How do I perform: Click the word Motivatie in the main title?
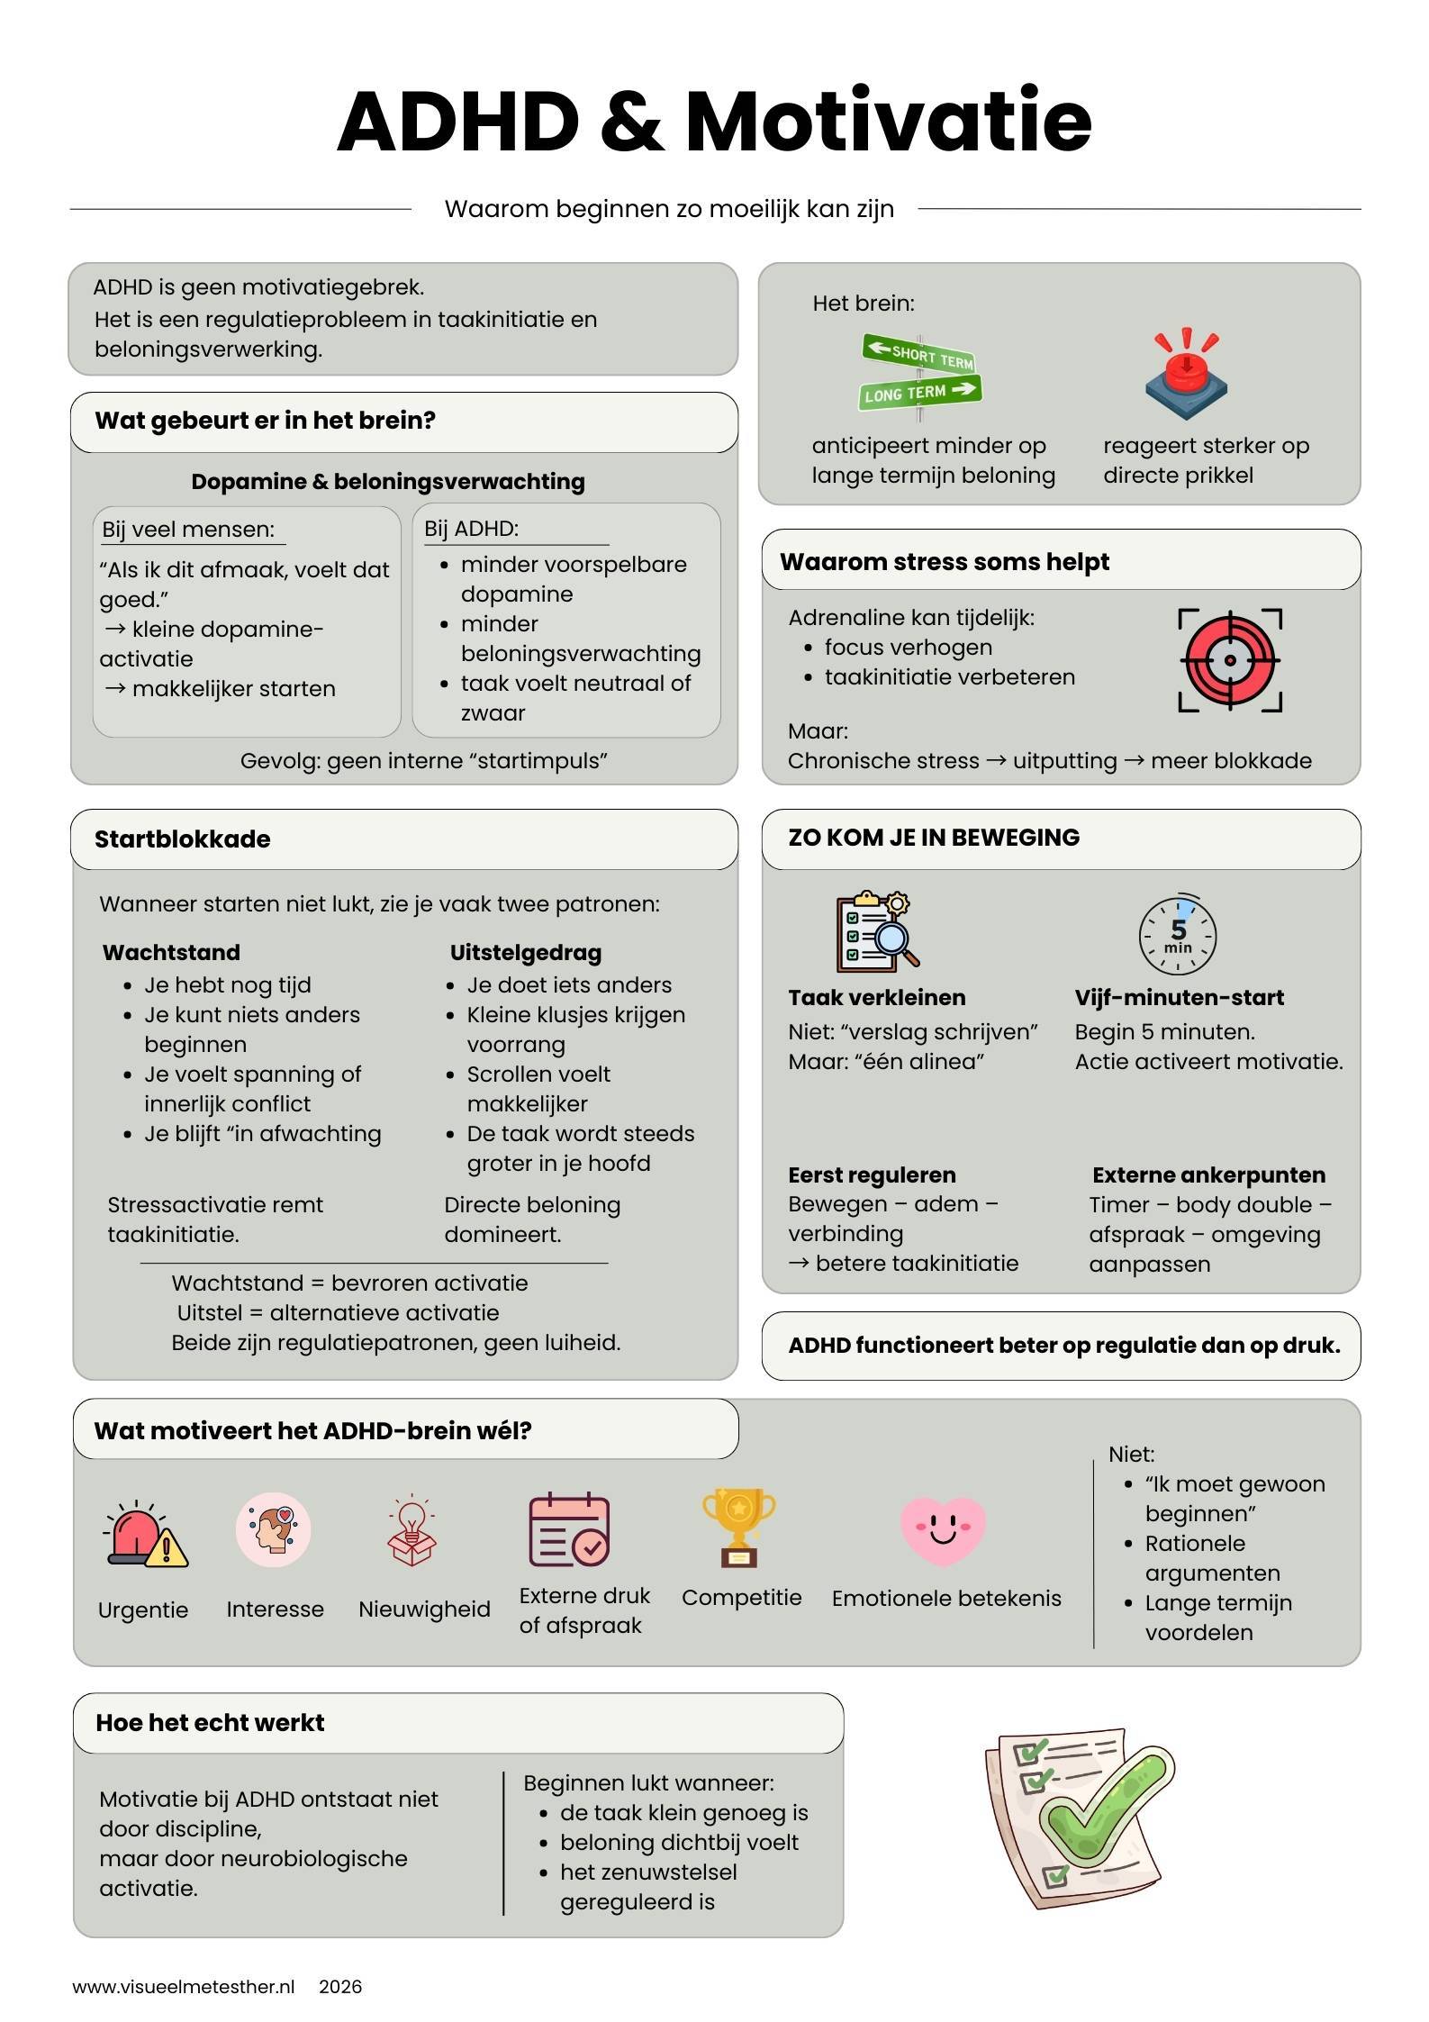pos(888,122)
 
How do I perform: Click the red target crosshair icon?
pos(1230,660)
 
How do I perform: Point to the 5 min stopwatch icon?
pos(1178,935)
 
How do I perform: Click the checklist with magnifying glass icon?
pos(873,931)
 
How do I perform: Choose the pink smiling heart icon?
pos(943,1530)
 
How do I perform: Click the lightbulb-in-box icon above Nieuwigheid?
pos(412,1530)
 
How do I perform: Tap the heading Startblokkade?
pos(183,839)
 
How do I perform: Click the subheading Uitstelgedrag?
pos(526,953)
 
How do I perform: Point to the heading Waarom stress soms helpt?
pos(944,562)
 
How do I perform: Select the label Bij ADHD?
pos(472,529)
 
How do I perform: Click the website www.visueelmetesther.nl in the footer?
pos(184,1987)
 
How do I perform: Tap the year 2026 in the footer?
pos(340,1987)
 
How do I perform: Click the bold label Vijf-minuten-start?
pos(1179,998)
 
